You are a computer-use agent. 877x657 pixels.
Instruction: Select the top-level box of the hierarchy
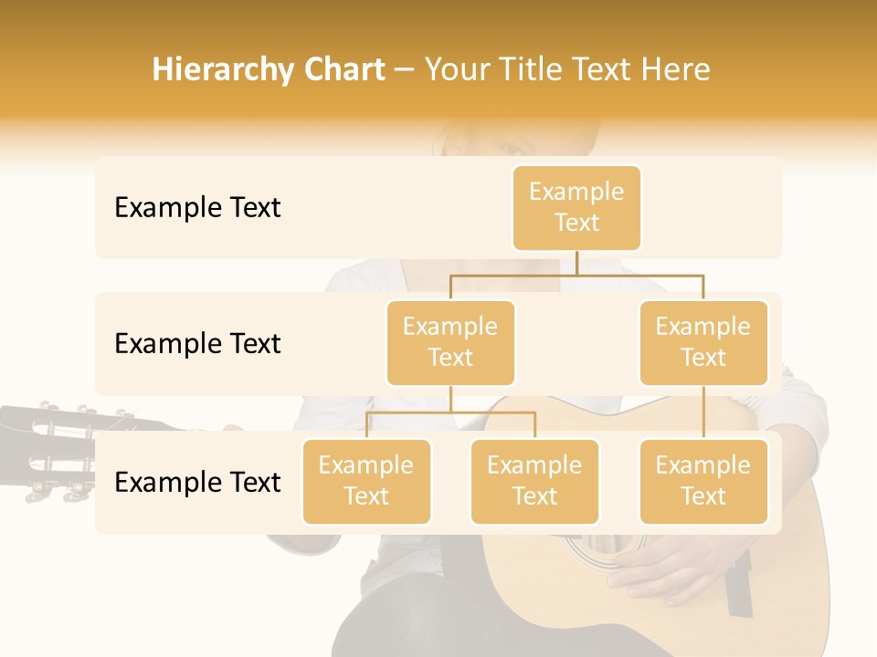(576, 207)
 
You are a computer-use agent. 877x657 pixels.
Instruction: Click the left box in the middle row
(450, 342)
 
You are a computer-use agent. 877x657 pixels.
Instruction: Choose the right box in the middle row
(703, 342)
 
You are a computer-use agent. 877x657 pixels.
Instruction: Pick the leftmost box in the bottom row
(366, 481)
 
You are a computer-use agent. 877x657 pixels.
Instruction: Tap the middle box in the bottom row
(534, 481)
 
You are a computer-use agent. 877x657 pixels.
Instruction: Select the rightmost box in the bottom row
(703, 481)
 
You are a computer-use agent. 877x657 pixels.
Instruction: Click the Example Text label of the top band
(197, 208)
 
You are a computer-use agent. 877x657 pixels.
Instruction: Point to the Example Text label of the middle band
(197, 344)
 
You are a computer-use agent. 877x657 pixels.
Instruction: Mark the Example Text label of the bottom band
(197, 482)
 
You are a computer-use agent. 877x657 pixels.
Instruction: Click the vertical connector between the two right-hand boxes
(703, 412)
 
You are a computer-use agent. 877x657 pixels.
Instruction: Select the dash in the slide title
(404, 70)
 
